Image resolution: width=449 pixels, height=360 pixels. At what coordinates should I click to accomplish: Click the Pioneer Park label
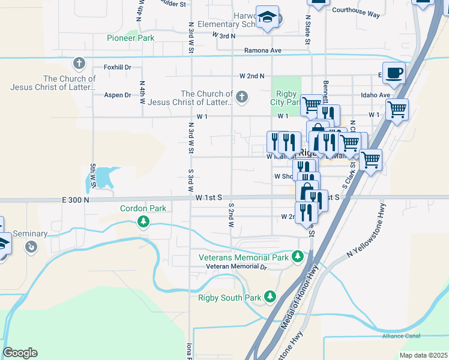tap(130, 38)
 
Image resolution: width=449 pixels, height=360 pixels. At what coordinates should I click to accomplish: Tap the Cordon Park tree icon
tap(143, 223)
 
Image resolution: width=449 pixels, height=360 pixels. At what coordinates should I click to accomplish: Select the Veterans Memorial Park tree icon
tap(297, 257)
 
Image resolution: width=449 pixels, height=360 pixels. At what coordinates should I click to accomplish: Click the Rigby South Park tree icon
tap(270, 297)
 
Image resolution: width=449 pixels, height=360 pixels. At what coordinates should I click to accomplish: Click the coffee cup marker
tap(393, 73)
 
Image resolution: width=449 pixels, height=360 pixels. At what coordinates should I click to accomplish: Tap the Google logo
tap(20, 353)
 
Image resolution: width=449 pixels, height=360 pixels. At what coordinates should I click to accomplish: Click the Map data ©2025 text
tap(423, 355)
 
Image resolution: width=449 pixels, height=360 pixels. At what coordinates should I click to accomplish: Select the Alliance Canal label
tap(401, 336)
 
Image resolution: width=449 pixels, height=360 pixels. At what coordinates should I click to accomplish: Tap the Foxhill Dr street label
tap(117, 67)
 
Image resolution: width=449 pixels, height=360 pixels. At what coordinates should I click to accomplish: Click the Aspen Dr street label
tap(118, 95)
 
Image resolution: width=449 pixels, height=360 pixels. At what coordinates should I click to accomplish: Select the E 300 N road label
tap(74, 200)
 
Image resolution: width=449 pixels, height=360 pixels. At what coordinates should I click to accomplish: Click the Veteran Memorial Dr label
tap(235, 266)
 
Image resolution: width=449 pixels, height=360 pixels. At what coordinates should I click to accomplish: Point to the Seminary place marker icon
tap(31, 247)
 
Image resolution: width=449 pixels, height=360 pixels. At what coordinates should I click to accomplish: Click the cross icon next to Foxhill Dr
tap(79, 63)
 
